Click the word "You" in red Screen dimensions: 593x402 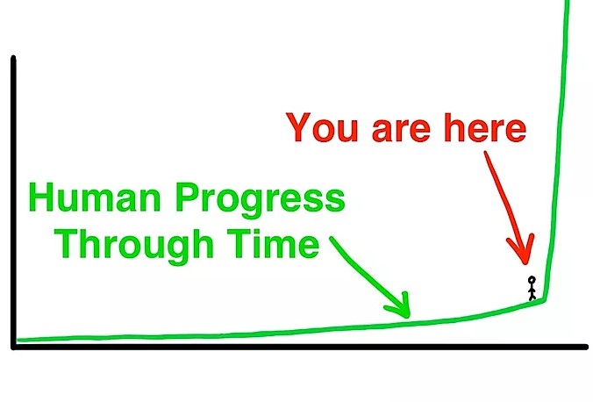click(x=322, y=127)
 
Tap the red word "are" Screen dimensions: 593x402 click(x=401, y=131)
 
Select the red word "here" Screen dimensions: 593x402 click(x=485, y=127)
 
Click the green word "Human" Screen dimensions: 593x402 click(x=94, y=198)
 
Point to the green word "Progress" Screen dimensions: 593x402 click(x=261, y=202)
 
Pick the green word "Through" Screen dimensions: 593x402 click(x=134, y=245)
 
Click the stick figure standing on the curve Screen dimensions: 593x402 click(x=532, y=288)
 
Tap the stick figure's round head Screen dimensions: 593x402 click(x=532, y=280)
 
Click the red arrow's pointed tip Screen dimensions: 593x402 click(x=525, y=263)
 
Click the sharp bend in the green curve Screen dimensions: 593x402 click(x=544, y=300)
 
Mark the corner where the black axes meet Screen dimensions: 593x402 click(x=14, y=347)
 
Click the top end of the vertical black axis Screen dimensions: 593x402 click(x=14, y=58)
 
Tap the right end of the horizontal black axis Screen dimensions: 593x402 click(x=586, y=347)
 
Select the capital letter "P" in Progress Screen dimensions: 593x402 click(x=187, y=198)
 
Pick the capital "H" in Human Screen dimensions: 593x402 click(x=40, y=198)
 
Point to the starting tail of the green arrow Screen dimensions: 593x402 click(x=332, y=239)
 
